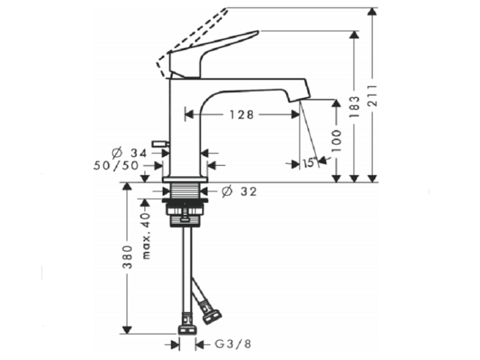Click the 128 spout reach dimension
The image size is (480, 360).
tap(242, 114)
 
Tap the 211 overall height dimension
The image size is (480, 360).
tap(372, 96)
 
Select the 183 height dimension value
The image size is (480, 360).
tap(354, 107)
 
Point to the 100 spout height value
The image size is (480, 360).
tap(337, 141)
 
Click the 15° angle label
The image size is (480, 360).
tap(309, 163)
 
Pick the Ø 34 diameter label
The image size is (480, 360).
tap(129, 153)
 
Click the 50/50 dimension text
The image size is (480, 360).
tap(116, 166)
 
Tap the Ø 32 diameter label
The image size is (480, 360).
tap(239, 191)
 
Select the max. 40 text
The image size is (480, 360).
tap(147, 236)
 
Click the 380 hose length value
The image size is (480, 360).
tap(127, 257)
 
